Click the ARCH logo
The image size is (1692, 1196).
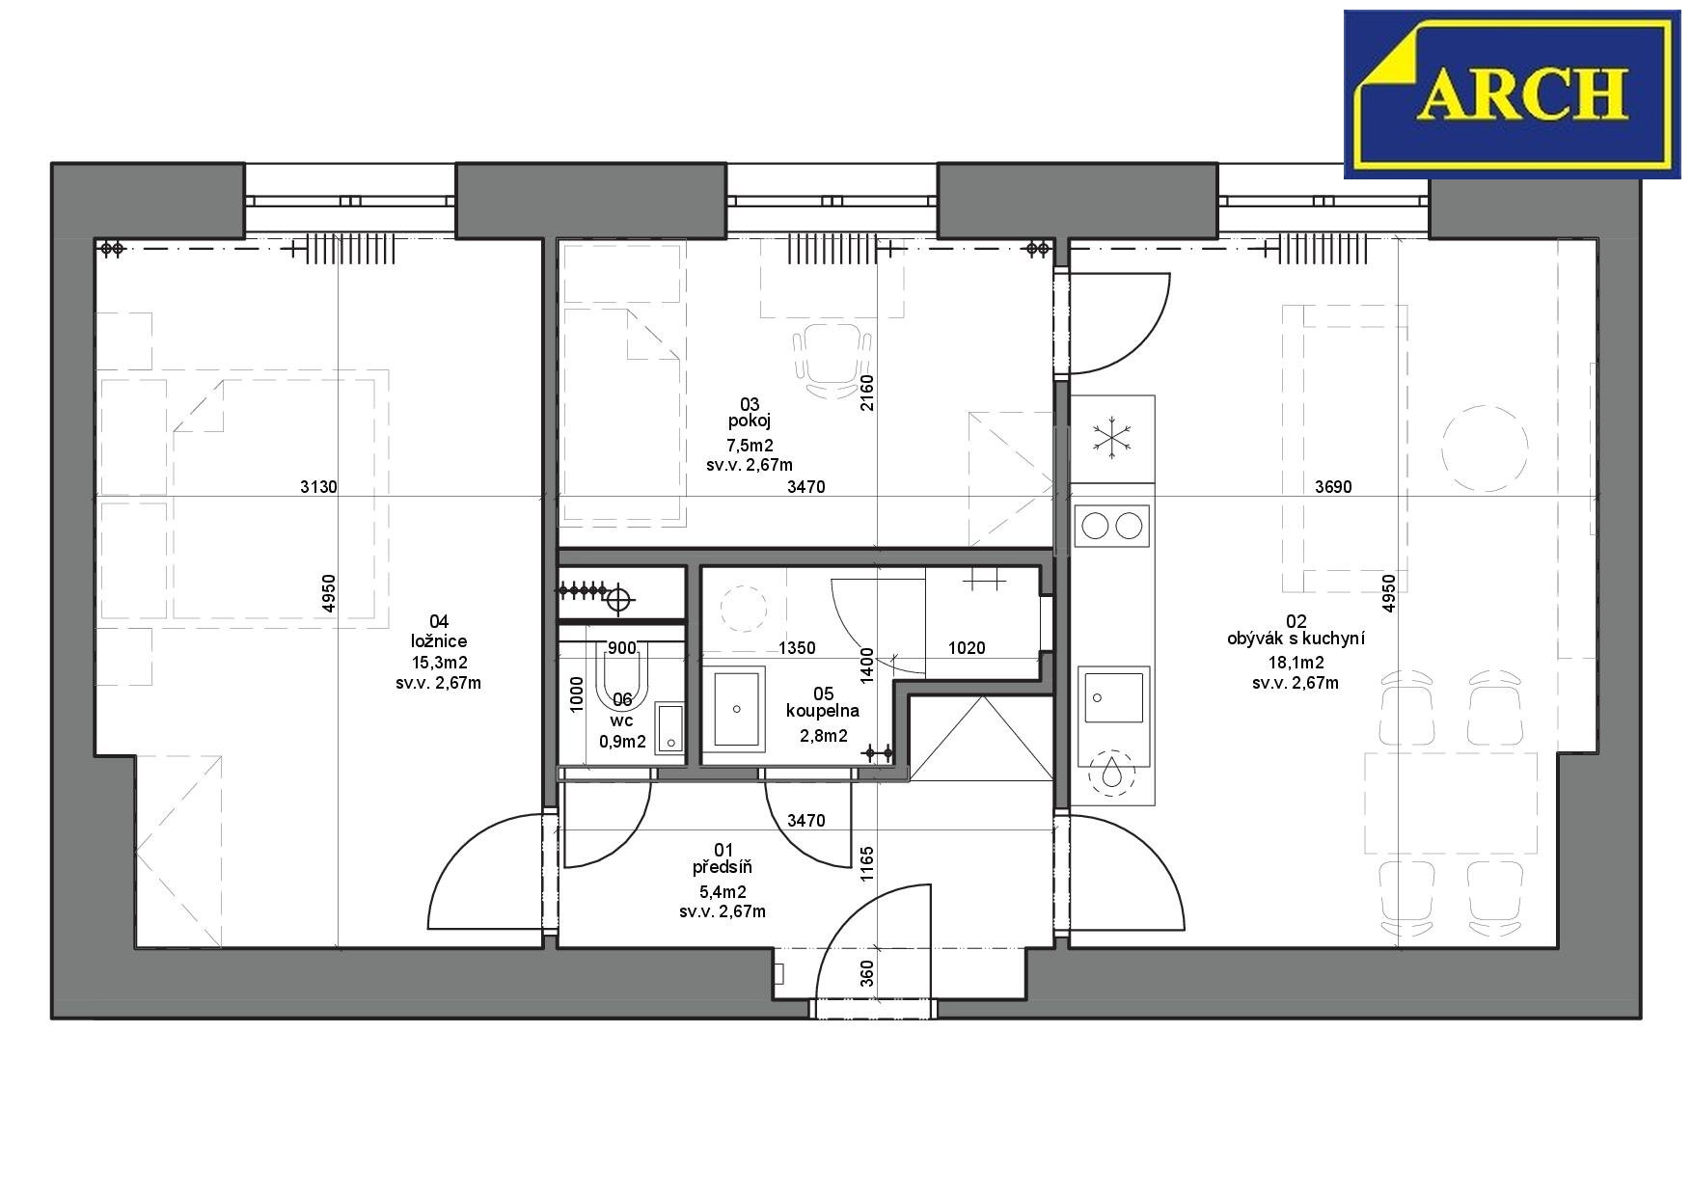[1512, 94]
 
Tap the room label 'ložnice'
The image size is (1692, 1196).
[439, 641]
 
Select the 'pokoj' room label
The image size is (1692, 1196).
[750, 421]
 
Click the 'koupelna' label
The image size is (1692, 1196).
[822, 712]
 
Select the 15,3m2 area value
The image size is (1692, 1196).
[439, 663]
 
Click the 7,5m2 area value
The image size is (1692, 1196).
[750, 445]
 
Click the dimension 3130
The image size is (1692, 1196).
[319, 487]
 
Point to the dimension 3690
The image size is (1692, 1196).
[1333, 487]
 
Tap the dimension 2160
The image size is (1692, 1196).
[866, 394]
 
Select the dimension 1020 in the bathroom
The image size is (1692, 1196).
[967, 648]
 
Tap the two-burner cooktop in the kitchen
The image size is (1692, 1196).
[1111, 526]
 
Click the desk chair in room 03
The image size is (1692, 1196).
[832, 362]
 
